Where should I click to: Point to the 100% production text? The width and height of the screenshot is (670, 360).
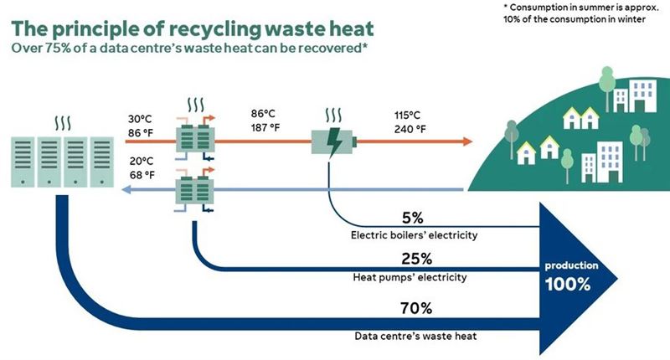(x=569, y=283)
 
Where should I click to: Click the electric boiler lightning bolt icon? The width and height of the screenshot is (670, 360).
(x=332, y=140)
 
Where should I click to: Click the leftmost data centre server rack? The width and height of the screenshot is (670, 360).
(x=24, y=162)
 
